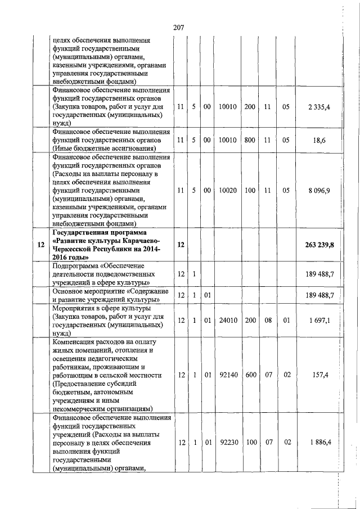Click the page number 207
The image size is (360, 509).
pyautogui.click(x=179, y=27)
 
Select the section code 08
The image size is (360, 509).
pyautogui.click(x=268, y=320)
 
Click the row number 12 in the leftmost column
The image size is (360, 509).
pyautogui.click(x=40, y=245)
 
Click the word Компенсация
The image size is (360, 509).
pyautogui.click(x=75, y=342)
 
